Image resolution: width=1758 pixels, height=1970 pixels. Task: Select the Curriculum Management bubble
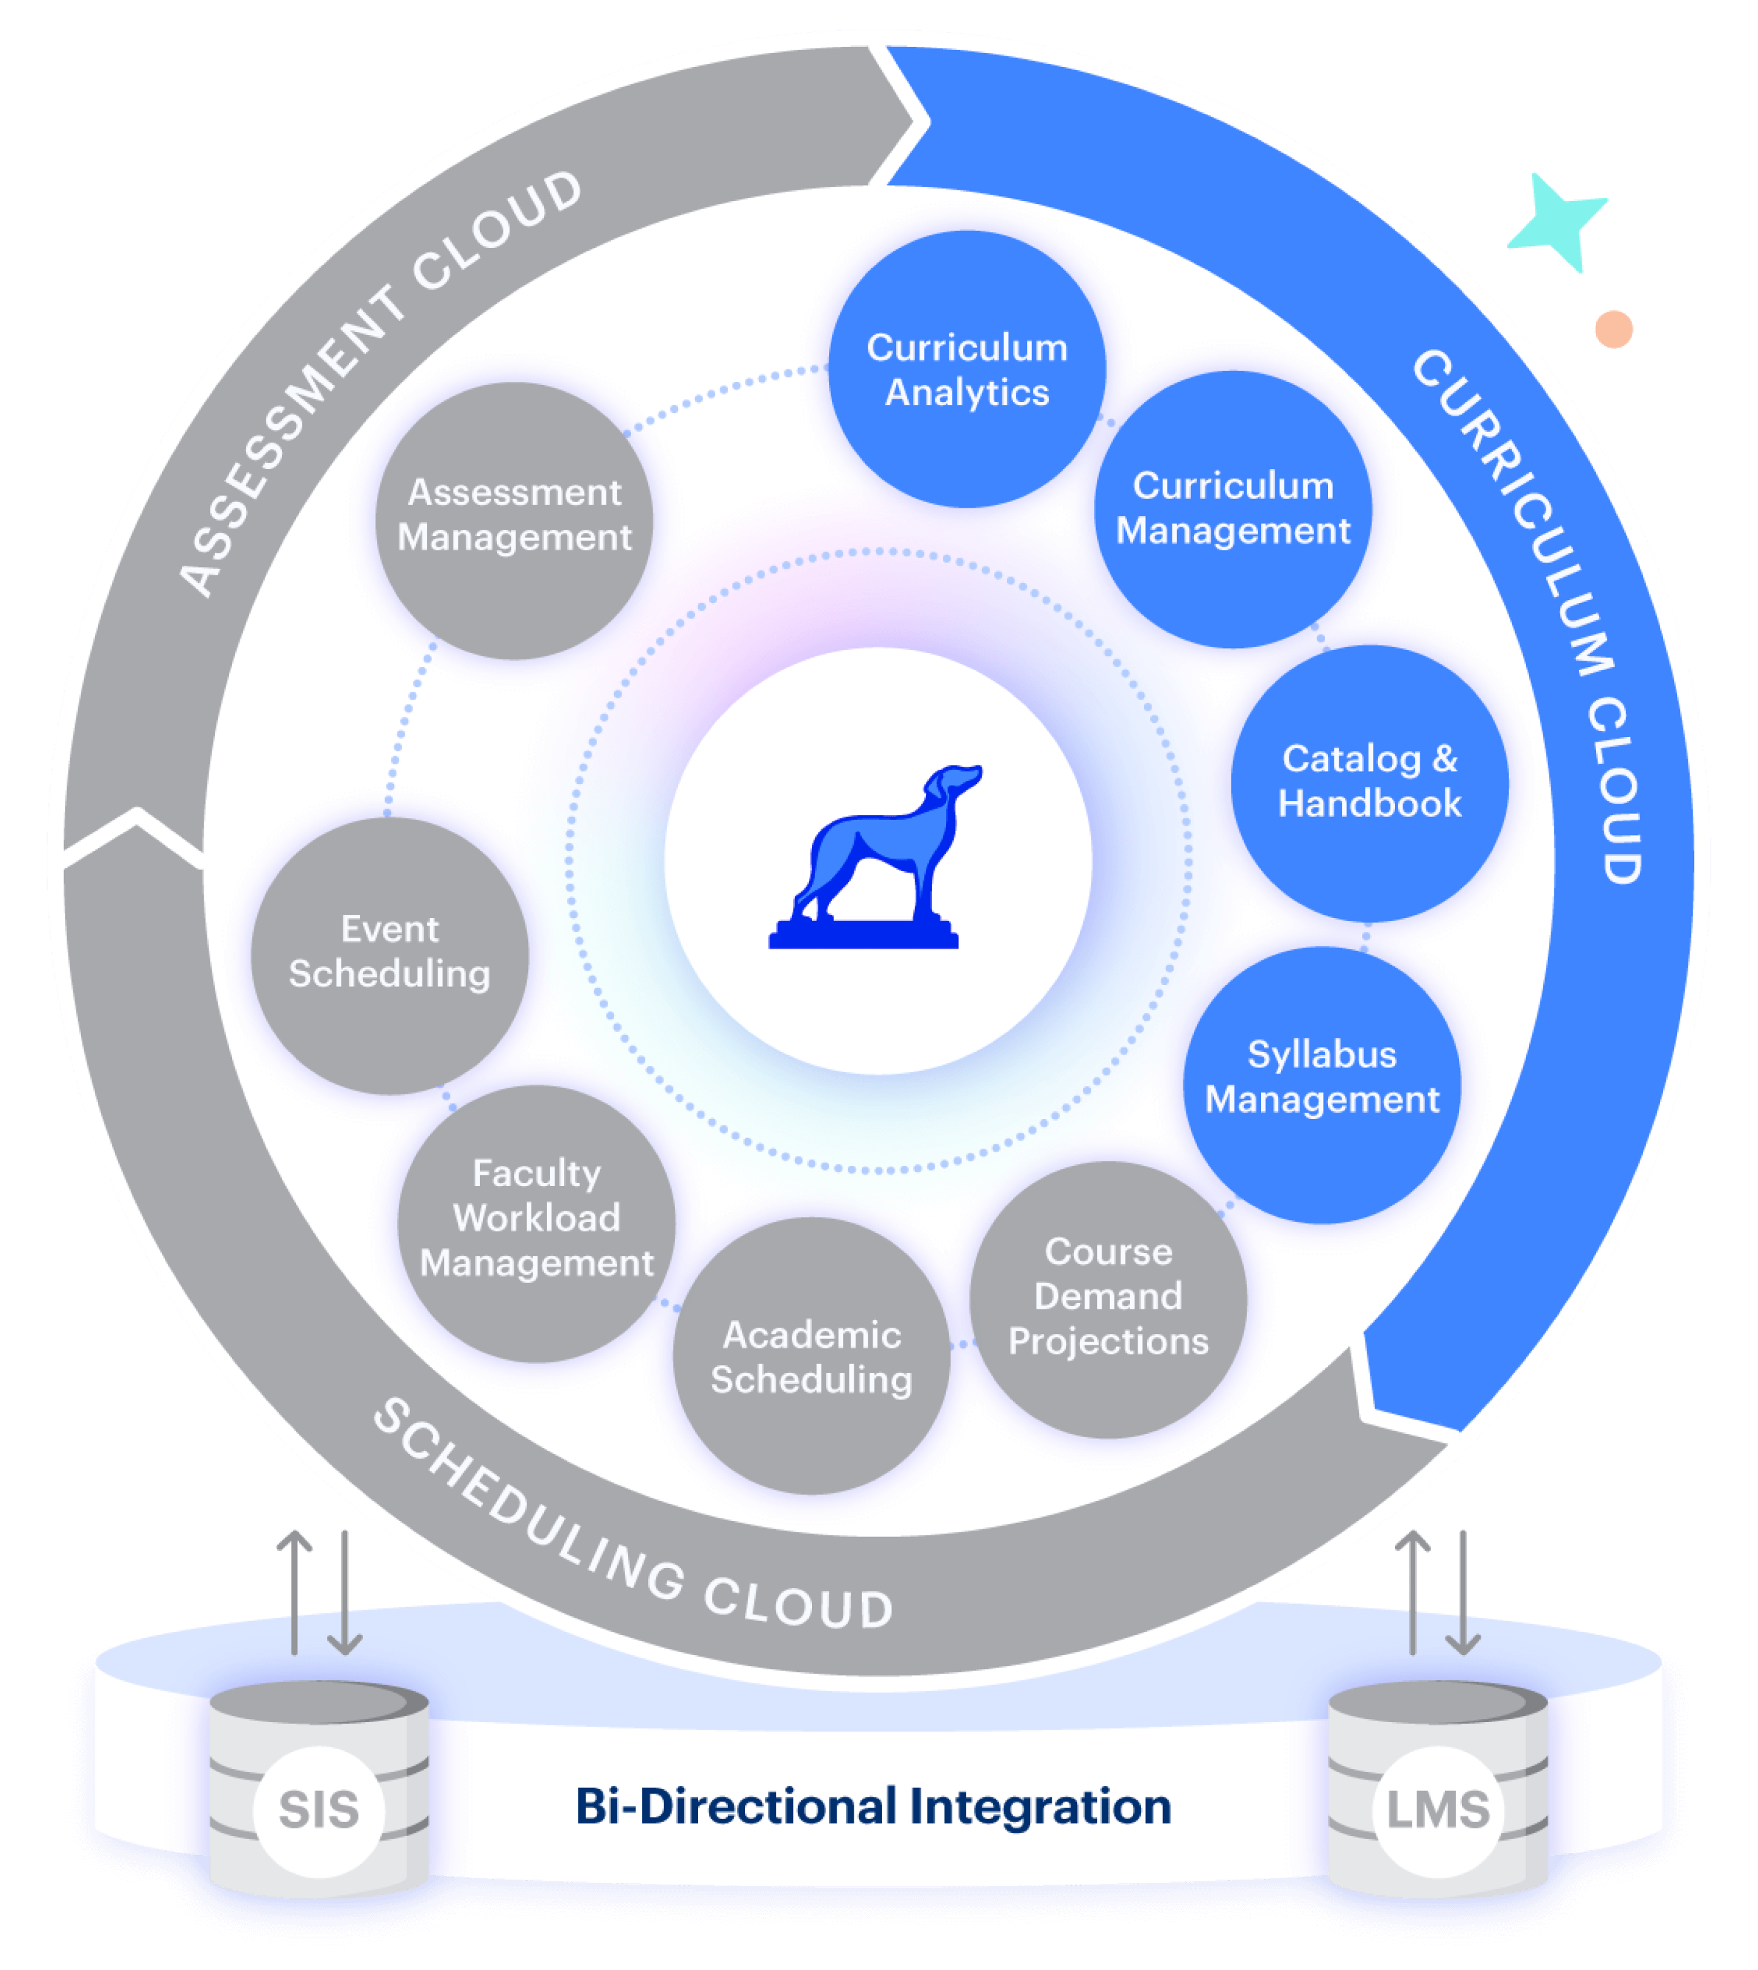[1232, 509]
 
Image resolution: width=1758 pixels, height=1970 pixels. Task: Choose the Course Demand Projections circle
[1108, 1298]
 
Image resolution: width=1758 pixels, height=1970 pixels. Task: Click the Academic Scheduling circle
[811, 1356]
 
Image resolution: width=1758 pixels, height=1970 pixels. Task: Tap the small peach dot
[1613, 329]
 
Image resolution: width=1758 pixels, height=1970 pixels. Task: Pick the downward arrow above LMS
[1463, 1593]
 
